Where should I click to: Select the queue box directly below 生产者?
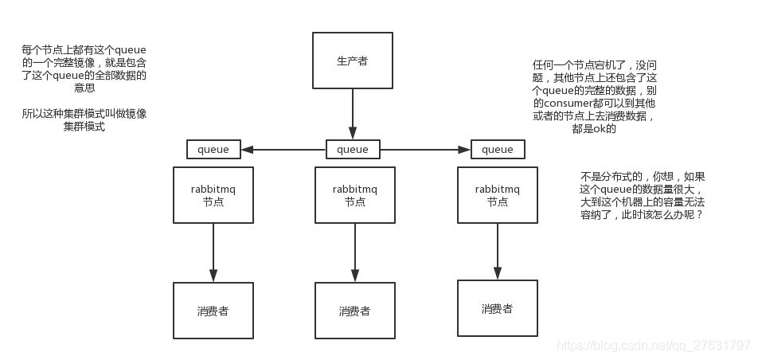pos(353,150)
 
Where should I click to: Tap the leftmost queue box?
pos(213,150)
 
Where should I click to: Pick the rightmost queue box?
pos(498,150)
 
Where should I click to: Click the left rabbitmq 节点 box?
pos(213,195)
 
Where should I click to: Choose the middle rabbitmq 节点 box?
pos(355,195)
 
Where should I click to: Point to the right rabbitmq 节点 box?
pos(498,195)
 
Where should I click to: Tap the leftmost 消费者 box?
pos(213,311)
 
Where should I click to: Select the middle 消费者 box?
pos(354,311)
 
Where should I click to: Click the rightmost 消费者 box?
pos(497,308)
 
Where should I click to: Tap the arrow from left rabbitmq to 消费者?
pos(213,252)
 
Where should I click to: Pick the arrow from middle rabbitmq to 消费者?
pos(354,252)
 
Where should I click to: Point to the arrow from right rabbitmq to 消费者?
pos(498,251)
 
